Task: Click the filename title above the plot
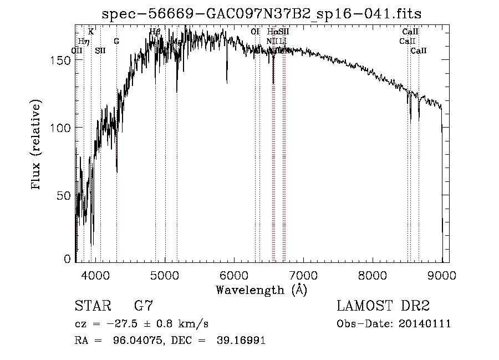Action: [266, 13]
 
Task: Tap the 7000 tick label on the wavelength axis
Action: [303, 274]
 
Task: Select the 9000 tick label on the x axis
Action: [442, 274]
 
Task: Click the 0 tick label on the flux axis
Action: [68, 259]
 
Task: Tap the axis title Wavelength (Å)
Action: [261, 290]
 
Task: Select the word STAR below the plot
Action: [93, 306]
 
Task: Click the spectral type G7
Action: [143, 306]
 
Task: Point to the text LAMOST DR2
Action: [383, 306]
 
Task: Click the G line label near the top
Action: [116, 41]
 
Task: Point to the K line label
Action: [91, 32]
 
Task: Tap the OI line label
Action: [255, 32]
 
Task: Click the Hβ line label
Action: [155, 32]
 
